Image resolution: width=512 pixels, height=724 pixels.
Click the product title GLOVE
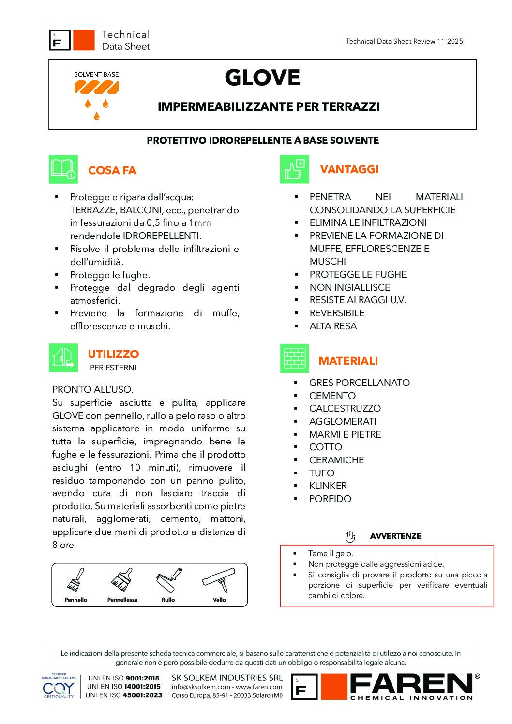tap(262, 78)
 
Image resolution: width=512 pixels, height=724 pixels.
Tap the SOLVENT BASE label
tap(96, 74)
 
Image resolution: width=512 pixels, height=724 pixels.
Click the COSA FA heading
tap(112, 170)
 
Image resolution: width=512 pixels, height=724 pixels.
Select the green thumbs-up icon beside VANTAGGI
tap(294, 169)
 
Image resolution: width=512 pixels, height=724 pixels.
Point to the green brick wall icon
tap(294, 359)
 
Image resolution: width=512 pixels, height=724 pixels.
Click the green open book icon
tap(63, 169)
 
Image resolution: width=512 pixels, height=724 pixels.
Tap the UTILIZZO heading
tap(113, 354)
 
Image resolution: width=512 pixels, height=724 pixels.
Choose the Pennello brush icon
tap(75, 580)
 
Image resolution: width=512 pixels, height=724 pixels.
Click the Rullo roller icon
tap(168, 580)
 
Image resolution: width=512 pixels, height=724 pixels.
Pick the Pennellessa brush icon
tap(122, 580)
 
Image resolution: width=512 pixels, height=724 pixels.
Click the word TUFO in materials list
tap(322, 473)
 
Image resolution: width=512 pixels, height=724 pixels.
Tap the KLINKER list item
tap(328, 486)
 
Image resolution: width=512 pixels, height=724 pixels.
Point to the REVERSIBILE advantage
tap(337, 313)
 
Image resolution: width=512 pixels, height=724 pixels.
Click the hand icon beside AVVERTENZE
tap(350, 536)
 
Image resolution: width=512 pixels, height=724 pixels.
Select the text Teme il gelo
tap(331, 553)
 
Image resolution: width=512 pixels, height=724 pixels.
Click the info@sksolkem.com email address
tap(200, 687)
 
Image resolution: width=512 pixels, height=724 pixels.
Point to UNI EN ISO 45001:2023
tap(123, 695)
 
